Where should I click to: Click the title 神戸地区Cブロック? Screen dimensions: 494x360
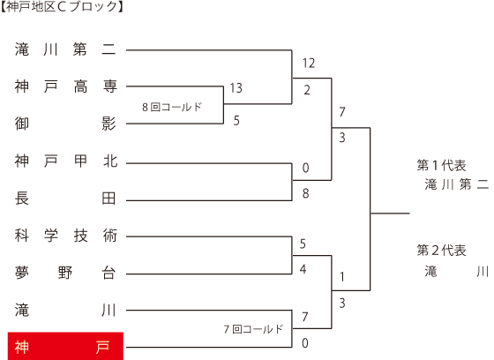click(62, 7)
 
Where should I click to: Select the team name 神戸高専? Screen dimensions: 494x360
click(66, 86)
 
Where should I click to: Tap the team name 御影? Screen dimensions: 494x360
click(66, 124)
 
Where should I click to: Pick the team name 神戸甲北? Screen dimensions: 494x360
click(66, 161)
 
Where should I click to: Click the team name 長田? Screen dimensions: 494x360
click(65, 199)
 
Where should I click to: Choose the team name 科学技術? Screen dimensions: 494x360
click(66, 236)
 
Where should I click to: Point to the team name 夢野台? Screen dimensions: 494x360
click(65, 273)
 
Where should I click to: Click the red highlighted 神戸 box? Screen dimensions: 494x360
click(65, 346)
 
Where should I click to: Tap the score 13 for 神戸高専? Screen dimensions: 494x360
click(236, 88)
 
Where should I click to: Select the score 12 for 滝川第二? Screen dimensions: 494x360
click(309, 64)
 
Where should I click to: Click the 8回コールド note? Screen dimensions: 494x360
click(172, 107)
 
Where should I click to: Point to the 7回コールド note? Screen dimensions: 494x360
click(254, 329)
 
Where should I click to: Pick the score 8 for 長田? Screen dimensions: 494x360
click(305, 193)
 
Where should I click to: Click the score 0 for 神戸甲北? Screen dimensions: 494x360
click(305, 168)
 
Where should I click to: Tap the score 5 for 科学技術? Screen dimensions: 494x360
click(303, 244)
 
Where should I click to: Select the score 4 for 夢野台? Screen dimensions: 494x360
click(303, 269)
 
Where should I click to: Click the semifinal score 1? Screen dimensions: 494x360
click(342, 277)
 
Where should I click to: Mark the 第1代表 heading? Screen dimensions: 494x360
click(441, 165)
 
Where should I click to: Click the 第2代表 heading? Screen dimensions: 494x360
click(441, 251)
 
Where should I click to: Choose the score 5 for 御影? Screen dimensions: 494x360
click(236, 120)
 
